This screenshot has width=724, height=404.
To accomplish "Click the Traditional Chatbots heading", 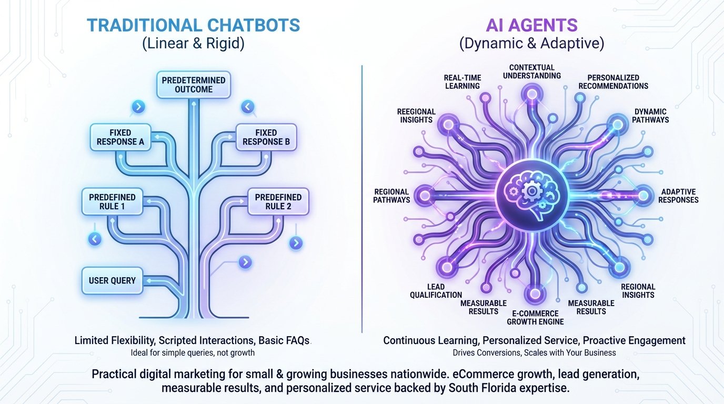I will [x=193, y=25].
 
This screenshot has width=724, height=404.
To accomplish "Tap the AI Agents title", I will [x=531, y=25].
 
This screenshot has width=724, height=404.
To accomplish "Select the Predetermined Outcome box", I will [x=194, y=85].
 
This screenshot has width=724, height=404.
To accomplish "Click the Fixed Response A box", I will [x=120, y=137].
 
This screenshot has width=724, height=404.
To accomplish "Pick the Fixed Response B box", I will [x=266, y=137].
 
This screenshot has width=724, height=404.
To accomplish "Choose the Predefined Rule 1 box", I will [x=112, y=201].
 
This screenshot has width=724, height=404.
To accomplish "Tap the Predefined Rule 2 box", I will [x=278, y=201].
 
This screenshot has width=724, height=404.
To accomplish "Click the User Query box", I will [x=112, y=280].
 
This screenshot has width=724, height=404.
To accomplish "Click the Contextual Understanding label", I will [x=531, y=72].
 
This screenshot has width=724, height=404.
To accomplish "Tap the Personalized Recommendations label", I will [x=617, y=82].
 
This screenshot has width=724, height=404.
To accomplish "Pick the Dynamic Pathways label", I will [x=650, y=116].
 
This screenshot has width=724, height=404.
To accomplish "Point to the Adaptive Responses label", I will [x=679, y=196].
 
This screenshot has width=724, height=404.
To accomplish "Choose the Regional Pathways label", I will [x=391, y=196].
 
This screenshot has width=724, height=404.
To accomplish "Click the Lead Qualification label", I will [x=436, y=291].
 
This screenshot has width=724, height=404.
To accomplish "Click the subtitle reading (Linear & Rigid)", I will [x=193, y=44].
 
